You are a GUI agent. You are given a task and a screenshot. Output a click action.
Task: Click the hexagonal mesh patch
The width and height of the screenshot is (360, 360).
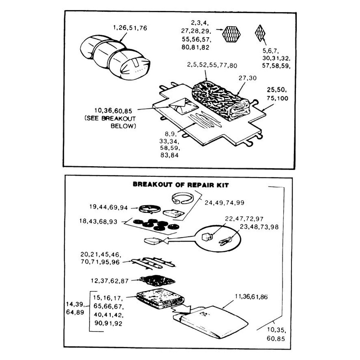click(x=232, y=34)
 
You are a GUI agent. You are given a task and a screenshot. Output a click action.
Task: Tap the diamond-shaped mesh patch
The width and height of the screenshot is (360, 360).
click(x=260, y=32)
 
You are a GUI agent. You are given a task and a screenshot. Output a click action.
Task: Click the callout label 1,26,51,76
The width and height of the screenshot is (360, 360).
click(x=130, y=28)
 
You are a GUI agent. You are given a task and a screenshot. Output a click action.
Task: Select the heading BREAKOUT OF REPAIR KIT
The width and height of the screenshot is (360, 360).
click(x=181, y=184)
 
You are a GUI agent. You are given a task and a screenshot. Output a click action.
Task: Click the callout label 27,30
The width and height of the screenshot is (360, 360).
click(x=247, y=78)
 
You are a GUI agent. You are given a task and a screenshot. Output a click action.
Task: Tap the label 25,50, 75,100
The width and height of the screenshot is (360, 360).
click(x=277, y=94)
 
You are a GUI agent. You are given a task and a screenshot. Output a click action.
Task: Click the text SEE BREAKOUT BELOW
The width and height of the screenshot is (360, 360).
click(x=110, y=122)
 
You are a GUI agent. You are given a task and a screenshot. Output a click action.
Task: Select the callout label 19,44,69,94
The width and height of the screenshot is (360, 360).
click(x=109, y=207)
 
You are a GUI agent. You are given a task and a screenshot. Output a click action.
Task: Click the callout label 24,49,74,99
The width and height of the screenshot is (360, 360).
click(x=224, y=202)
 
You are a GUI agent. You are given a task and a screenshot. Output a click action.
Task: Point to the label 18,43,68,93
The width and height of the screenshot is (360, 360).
click(x=98, y=221)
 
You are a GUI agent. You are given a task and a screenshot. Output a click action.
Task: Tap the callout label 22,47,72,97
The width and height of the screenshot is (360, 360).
click(x=244, y=219)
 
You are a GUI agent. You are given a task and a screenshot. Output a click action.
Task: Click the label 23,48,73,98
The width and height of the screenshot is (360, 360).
click(x=259, y=227)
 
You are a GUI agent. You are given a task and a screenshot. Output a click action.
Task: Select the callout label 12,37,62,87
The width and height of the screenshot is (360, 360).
click(x=110, y=281)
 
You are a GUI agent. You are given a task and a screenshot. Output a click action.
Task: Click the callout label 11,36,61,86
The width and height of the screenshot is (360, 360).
click(x=251, y=297)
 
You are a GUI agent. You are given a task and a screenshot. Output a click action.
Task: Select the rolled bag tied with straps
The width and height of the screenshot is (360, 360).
click(x=115, y=59)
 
